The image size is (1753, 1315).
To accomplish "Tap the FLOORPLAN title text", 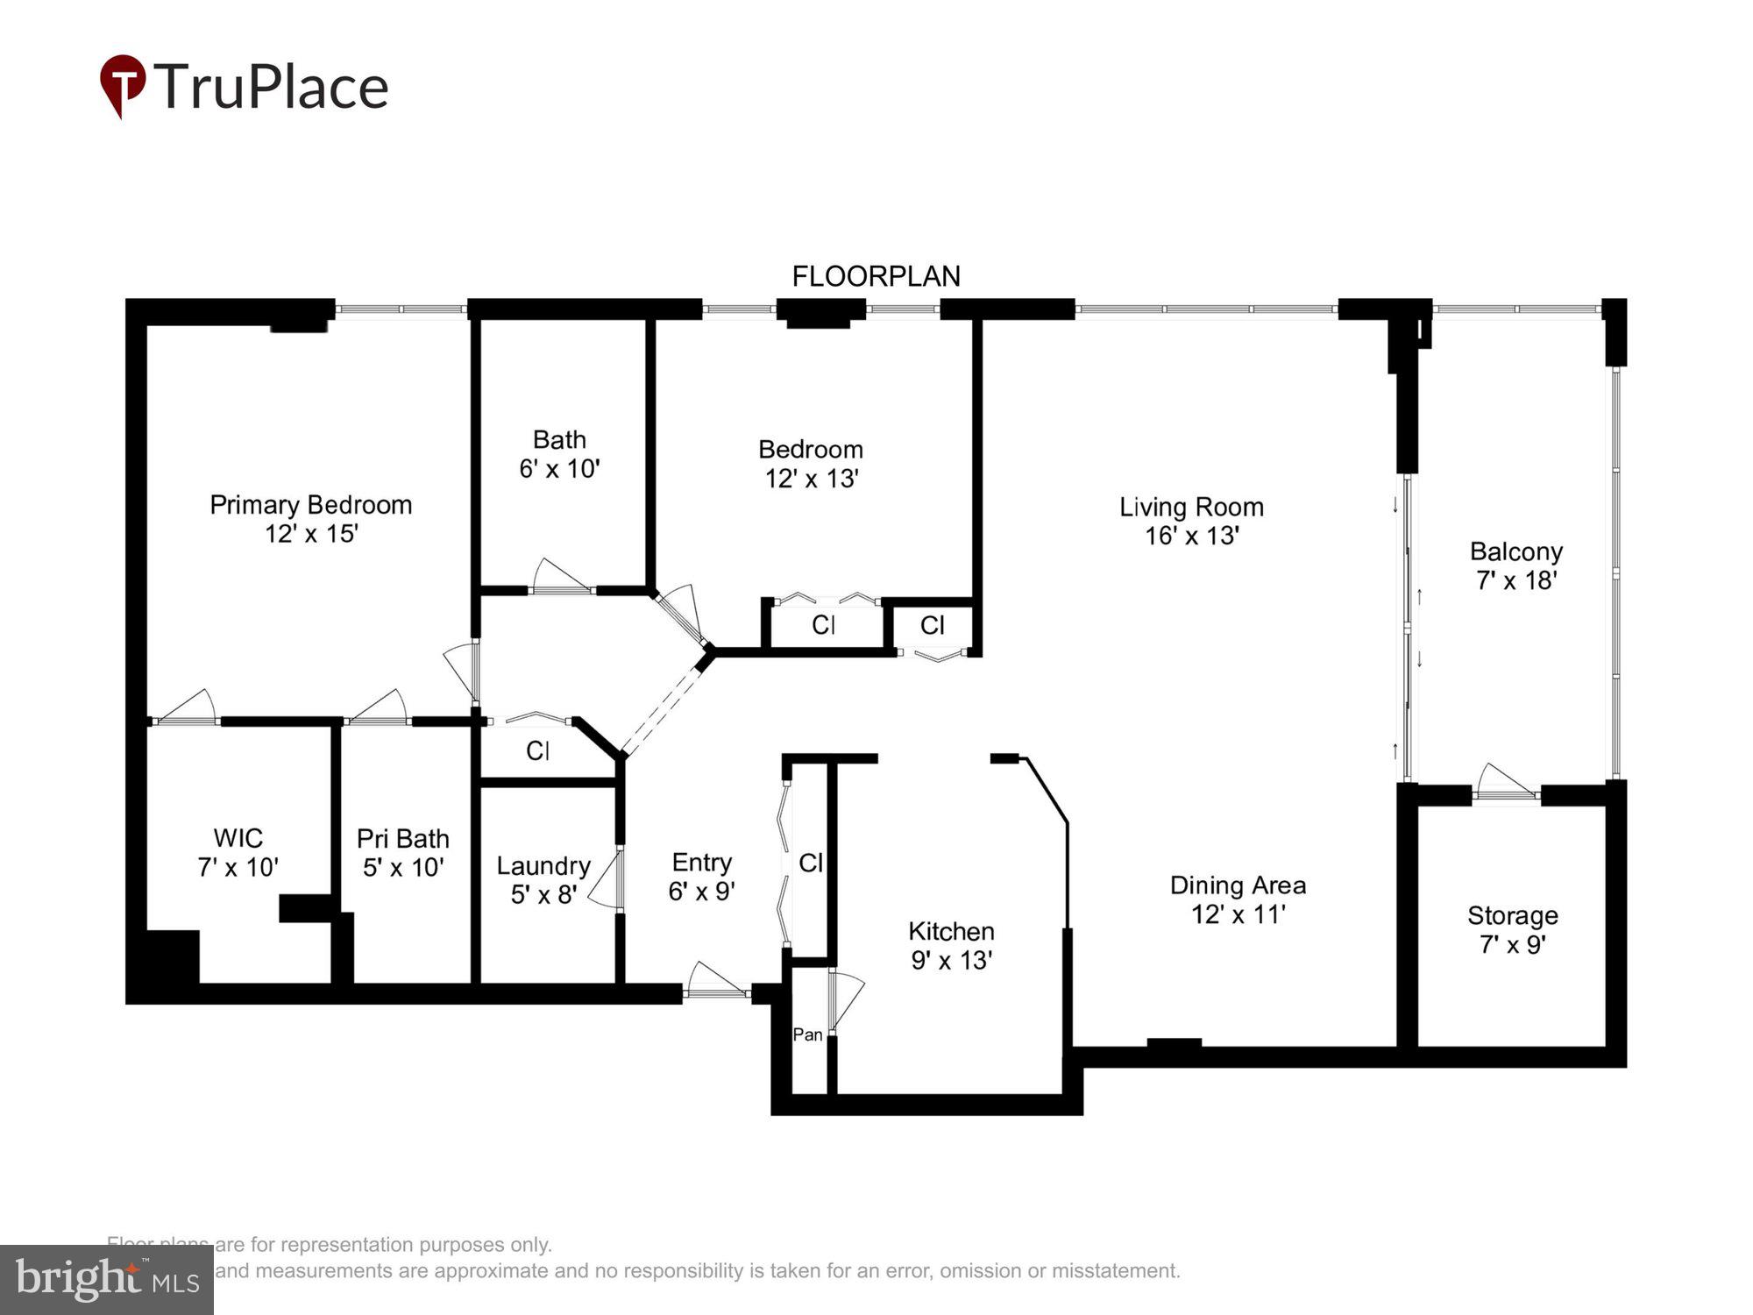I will pyautogui.click(x=876, y=276).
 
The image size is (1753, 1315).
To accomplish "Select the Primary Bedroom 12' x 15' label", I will pyautogui.click(x=310, y=518).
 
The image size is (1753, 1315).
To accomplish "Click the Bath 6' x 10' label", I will pyautogui.click(x=559, y=453).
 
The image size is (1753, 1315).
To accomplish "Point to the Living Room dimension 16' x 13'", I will pyautogui.click(x=1191, y=536).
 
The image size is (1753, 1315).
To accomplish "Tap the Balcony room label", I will pyautogui.click(x=1515, y=551).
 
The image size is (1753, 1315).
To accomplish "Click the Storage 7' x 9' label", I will pyautogui.click(x=1512, y=929).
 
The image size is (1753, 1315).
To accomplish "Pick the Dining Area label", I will pyautogui.click(x=1238, y=885).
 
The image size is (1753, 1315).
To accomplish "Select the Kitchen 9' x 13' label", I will pyautogui.click(x=951, y=945).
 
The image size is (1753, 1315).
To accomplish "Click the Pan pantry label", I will pyautogui.click(x=807, y=1034).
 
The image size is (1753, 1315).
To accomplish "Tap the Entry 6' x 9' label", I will pyautogui.click(x=701, y=876).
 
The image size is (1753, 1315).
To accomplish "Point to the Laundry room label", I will pyautogui.click(x=543, y=866).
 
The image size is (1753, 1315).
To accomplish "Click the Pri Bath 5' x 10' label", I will pyautogui.click(x=402, y=852).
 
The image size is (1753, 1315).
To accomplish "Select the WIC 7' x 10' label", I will pyautogui.click(x=238, y=852).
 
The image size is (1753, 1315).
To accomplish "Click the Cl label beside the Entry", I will pyautogui.click(x=811, y=864).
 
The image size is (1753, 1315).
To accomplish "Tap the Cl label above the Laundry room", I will pyautogui.click(x=537, y=750).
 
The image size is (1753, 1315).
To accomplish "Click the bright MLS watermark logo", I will pyautogui.click(x=106, y=1279).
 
